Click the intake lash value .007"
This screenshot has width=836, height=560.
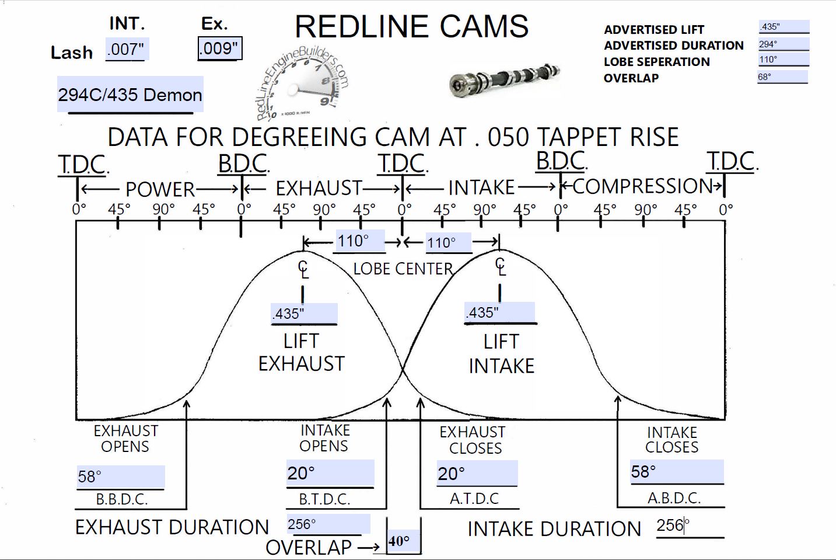click(x=127, y=49)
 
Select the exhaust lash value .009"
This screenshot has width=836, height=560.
click(x=219, y=48)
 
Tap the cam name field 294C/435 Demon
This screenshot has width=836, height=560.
click(x=130, y=95)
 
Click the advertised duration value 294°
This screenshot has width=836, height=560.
click(x=783, y=44)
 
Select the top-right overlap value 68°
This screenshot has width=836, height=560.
click(x=782, y=76)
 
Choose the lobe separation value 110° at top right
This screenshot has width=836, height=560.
click(x=783, y=59)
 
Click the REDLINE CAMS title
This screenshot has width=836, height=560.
click(x=411, y=27)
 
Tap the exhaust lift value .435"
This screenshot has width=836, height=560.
click(x=304, y=314)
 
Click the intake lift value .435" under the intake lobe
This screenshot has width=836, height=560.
click(x=499, y=312)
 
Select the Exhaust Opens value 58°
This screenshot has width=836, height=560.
click(x=120, y=476)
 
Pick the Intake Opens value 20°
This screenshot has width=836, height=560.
click(x=330, y=473)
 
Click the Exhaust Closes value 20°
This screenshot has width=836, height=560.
click(x=477, y=473)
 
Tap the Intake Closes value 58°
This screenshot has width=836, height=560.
click(x=676, y=472)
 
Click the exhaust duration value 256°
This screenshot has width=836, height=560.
click(x=328, y=524)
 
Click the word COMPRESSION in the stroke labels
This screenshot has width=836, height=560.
click(x=642, y=186)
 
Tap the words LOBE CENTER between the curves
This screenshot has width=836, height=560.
click(x=403, y=269)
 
